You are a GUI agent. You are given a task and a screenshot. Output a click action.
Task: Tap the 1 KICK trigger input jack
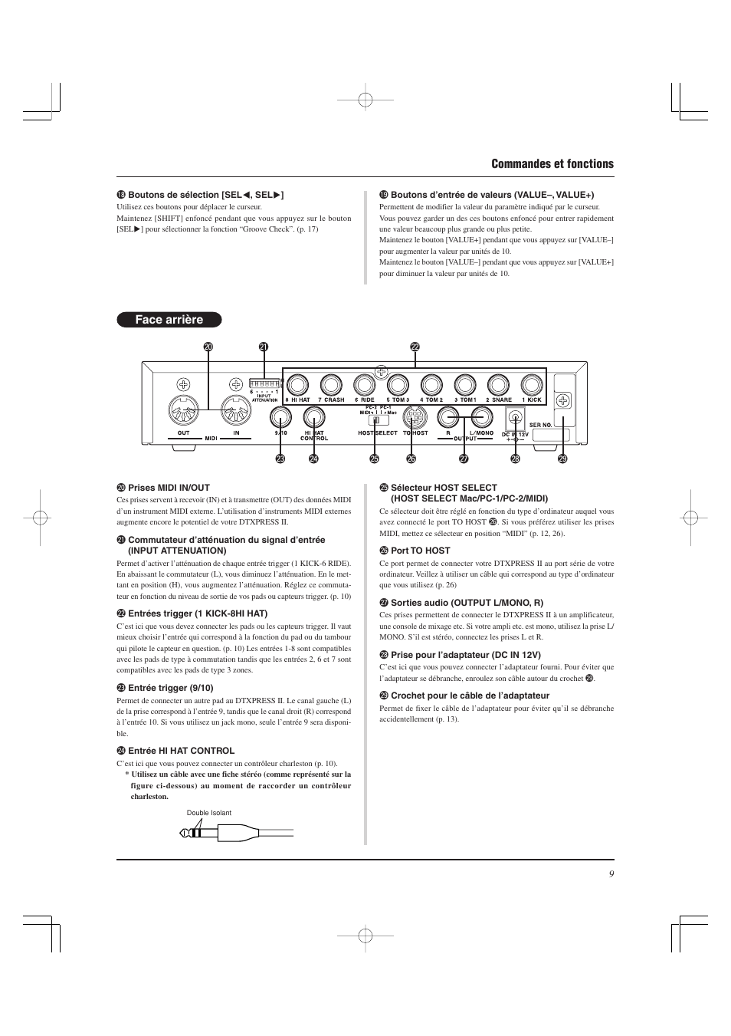pyautogui.click(x=532, y=385)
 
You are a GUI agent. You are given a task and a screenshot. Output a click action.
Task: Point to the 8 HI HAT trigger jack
pyautogui.click(x=297, y=385)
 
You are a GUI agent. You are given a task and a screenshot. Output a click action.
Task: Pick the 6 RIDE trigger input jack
pyautogui.click(x=365, y=385)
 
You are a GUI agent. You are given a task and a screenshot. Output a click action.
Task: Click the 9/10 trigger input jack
pyautogui.click(x=280, y=418)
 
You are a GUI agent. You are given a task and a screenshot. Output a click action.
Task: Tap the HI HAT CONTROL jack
pyautogui.click(x=313, y=418)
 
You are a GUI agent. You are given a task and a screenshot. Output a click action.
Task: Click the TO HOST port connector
pyautogui.click(x=415, y=418)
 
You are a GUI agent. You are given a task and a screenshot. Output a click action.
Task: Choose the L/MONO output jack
pyautogui.click(x=481, y=418)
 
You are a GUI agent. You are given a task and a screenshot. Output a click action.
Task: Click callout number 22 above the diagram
pyautogui.click(x=415, y=347)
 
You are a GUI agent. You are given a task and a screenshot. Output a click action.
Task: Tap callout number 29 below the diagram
pyautogui.click(x=562, y=459)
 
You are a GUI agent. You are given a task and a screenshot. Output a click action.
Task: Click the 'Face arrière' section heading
pyautogui.click(x=169, y=320)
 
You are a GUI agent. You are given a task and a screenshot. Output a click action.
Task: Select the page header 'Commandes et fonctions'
pyautogui.click(x=552, y=164)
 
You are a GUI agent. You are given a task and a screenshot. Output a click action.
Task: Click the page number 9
pyautogui.click(x=611, y=874)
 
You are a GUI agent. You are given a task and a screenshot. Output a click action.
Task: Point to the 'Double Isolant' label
pyautogui.click(x=208, y=813)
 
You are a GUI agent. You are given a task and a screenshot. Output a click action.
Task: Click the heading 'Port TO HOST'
pyautogui.click(x=420, y=551)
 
